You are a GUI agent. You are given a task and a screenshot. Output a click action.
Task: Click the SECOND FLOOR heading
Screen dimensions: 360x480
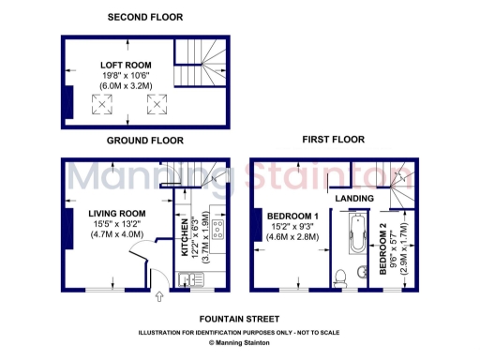point(145,18)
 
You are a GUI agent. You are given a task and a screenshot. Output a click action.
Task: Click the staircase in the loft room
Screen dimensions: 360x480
point(202,60)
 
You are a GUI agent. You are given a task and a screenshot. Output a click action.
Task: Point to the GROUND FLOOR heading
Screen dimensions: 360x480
point(144,141)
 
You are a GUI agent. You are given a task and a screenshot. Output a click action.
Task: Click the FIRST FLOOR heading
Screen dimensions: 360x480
point(333,140)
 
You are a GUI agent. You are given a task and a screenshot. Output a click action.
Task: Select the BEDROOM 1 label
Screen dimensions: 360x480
point(294,215)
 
